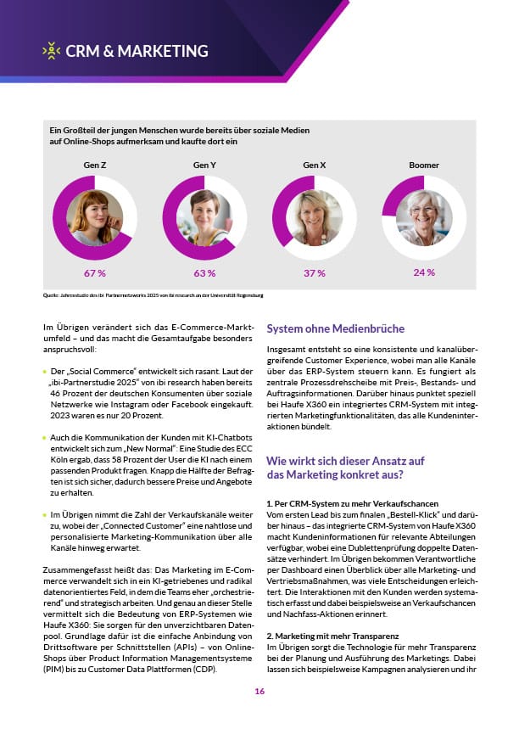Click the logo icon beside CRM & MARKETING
pyautogui.click(x=52, y=51)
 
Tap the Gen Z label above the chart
pyautogui.click(x=94, y=165)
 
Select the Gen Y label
pyautogui.click(x=204, y=165)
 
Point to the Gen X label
pyautogui.click(x=315, y=165)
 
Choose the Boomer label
pyautogui.click(x=424, y=165)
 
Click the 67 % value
pyautogui.click(x=94, y=273)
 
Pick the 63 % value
pyautogui.click(x=204, y=273)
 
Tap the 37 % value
pyautogui.click(x=315, y=273)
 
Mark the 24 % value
pyautogui.click(x=424, y=272)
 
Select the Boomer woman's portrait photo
pyautogui.click(x=424, y=217)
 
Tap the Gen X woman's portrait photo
pyautogui.click(x=314, y=217)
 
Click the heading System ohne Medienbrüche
pyautogui.click(x=336, y=328)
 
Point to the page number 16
pyautogui.click(x=259, y=692)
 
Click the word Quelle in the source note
pyautogui.click(x=49, y=295)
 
